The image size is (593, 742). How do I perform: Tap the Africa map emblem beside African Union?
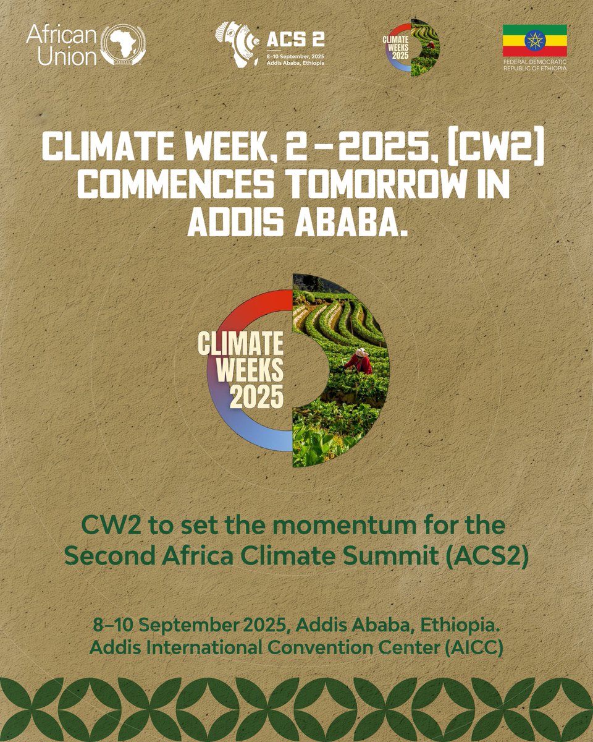123,45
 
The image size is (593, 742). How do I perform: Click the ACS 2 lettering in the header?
295,41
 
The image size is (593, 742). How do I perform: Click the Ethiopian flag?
535,40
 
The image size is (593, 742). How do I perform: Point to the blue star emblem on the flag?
535,40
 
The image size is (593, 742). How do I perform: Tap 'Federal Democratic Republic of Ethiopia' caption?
535,64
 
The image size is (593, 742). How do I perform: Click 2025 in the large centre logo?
256,396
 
